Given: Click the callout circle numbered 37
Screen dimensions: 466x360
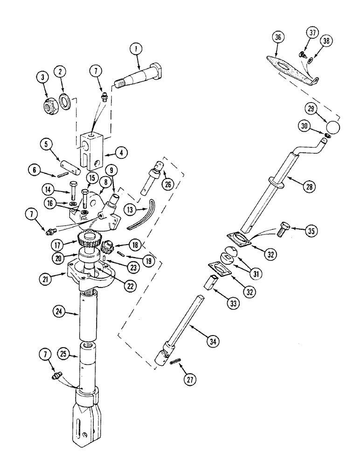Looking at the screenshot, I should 312,33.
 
